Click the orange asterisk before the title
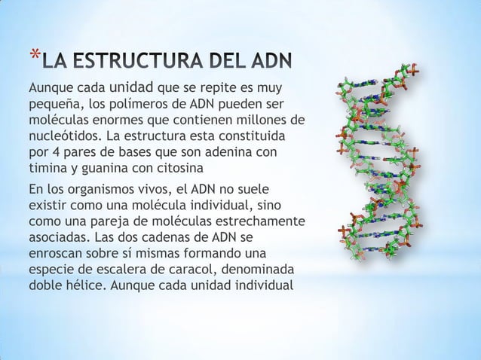(x=32, y=55)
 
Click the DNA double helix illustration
(x=381, y=158)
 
